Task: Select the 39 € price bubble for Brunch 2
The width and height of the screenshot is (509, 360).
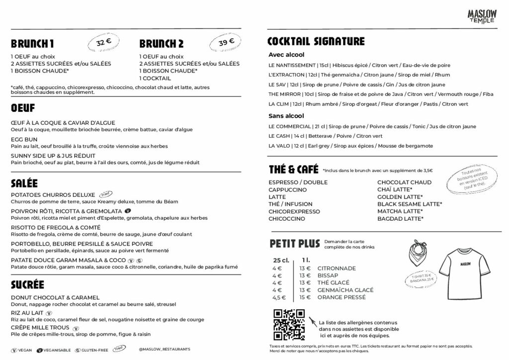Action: (x=226, y=43)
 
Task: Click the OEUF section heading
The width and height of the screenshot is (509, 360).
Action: (x=23, y=108)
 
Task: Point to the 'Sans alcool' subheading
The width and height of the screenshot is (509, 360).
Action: (x=286, y=116)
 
